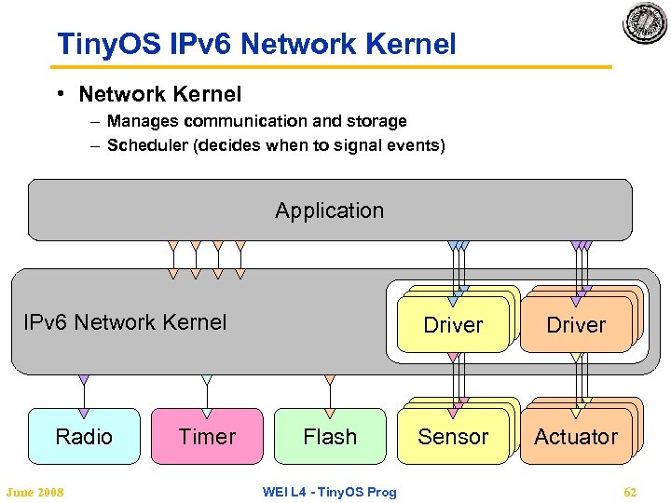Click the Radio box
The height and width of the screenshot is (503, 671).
84,436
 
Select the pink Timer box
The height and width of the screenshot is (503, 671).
207,436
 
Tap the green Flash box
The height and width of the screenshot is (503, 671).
330,436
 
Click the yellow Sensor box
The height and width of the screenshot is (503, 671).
453,436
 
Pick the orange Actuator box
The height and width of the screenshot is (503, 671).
576,436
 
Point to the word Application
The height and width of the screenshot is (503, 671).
329,211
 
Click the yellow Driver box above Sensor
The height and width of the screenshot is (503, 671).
453,325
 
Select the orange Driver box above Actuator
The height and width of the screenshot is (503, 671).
576,325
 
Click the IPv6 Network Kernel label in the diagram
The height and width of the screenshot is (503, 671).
125,322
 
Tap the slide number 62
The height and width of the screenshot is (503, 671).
630,492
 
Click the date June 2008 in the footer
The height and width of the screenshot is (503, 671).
34,492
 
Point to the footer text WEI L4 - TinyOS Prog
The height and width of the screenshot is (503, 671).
329,492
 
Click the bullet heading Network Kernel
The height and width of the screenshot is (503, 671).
159,94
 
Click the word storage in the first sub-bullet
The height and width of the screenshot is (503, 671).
377,121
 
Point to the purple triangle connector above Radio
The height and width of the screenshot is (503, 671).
84,380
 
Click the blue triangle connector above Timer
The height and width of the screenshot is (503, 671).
207,380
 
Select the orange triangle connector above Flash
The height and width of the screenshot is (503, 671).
330,380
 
